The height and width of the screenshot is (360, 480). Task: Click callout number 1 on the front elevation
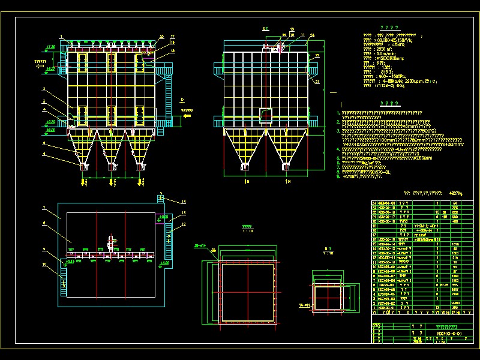point(60,37)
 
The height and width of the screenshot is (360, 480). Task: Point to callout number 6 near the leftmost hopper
point(44,154)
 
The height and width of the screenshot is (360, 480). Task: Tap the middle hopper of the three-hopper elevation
point(112,147)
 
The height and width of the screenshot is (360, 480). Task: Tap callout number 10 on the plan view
point(44,263)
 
